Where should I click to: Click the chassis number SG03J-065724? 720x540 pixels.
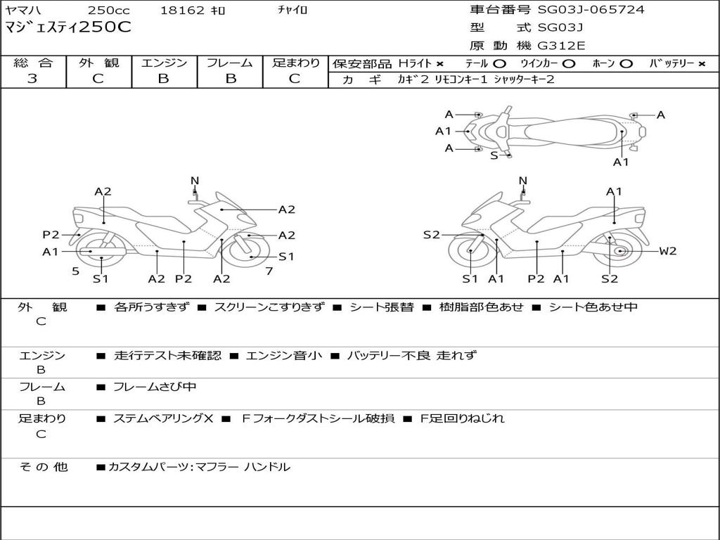(591, 10)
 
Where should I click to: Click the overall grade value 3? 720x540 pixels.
(32, 79)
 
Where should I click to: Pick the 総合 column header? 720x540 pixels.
(33, 63)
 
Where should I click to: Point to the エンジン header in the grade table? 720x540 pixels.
(164, 63)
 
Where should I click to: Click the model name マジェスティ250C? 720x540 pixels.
(67, 28)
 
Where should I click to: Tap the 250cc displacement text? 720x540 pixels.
(109, 11)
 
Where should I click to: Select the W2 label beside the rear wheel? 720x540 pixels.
(667, 251)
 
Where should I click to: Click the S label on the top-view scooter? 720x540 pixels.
(494, 155)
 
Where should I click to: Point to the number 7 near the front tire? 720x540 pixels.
(269, 271)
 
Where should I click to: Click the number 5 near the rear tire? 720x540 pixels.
(75, 271)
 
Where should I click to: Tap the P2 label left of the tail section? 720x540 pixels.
(51, 235)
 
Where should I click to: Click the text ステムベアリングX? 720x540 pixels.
(163, 418)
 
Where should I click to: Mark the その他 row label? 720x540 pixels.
(43, 467)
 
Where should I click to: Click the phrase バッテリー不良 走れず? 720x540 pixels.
(411, 356)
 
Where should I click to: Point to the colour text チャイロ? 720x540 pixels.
(293, 11)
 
